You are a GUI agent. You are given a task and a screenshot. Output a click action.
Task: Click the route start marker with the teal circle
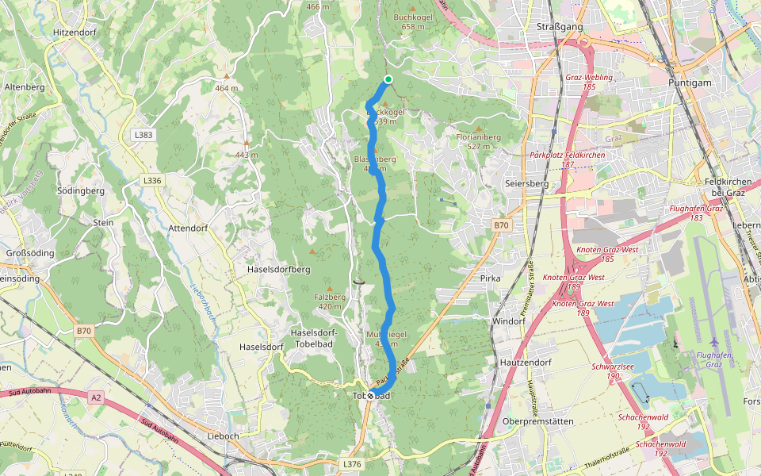(x=388, y=79)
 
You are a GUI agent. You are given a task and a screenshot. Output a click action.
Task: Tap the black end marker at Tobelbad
(x=370, y=395)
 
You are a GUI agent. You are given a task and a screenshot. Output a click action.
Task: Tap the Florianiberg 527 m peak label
(x=479, y=141)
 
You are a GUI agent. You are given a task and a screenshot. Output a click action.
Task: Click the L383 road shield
(x=143, y=135)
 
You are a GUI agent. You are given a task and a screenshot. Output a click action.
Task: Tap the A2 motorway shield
(x=96, y=397)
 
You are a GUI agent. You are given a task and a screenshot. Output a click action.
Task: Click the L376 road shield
(x=352, y=463)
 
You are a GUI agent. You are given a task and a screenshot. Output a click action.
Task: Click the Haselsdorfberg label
(x=278, y=269)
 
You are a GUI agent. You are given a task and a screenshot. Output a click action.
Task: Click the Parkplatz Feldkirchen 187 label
(x=567, y=159)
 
